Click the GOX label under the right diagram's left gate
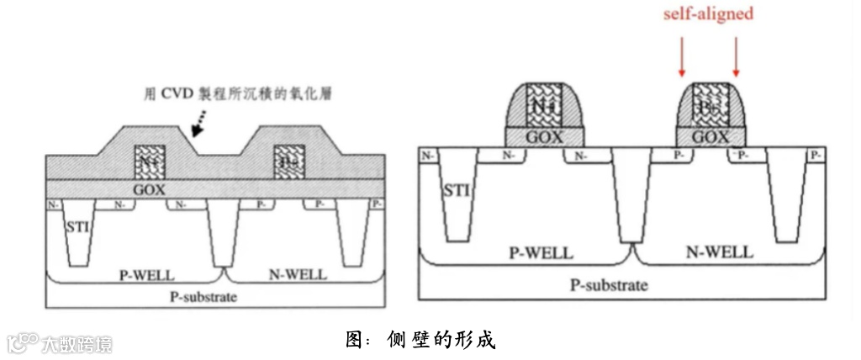click(544, 136)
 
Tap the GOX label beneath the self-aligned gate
click(711, 136)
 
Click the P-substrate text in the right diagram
click(609, 285)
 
